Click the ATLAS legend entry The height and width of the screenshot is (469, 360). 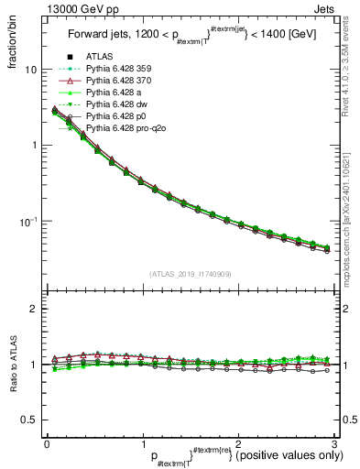(105, 59)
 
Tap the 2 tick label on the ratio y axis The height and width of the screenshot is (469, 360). (34, 309)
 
